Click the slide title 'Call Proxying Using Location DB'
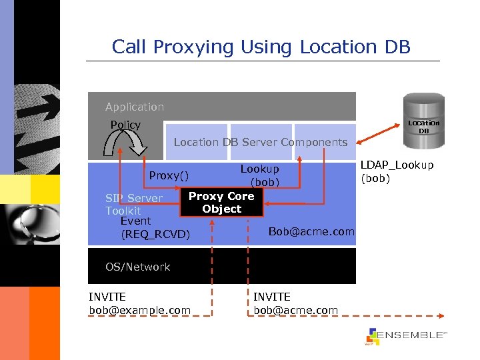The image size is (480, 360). [x=261, y=47]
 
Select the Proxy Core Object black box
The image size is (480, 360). [x=221, y=203]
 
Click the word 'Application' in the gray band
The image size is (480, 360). [x=135, y=107]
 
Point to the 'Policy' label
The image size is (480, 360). [x=125, y=125]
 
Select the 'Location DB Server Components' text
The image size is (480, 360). [x=260, y=142]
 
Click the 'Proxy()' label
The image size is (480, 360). [x=169, y=175]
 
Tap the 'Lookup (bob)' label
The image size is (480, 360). [x=260, y=175]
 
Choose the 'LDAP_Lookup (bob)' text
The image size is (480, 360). [x=397, y=171]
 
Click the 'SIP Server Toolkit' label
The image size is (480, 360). [x=133, y=204]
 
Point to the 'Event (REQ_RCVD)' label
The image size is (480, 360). [x=155, y=227]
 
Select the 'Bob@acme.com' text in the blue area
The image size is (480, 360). [x=311, y=231]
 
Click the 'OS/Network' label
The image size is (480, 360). [x=137, y=267]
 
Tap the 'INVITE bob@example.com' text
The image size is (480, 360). [x=139, y=303]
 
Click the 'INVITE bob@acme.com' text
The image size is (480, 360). [x=295, y=303]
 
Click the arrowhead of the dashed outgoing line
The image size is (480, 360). [x=442, y=315]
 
